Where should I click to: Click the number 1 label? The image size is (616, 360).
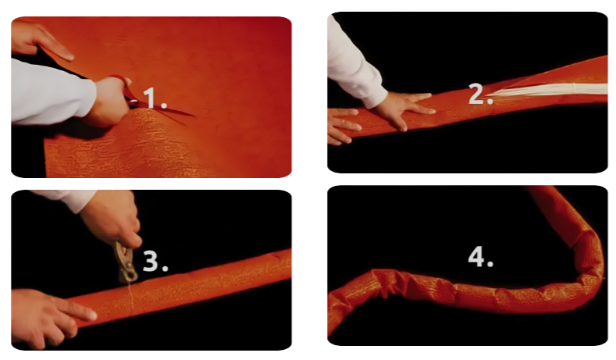(x=155, y=98)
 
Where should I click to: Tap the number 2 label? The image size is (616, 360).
(x=480, y=94)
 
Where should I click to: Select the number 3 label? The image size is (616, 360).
(x=155, y=261)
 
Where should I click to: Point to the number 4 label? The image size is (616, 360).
(x=480, y=258)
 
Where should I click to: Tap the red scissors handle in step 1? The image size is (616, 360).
(x=122, y=84)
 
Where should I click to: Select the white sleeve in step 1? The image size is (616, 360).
(x=53, y=92)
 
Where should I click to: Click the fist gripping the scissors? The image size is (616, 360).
(x=106, y=102)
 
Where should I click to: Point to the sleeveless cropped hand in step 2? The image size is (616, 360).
(x=343, y=126)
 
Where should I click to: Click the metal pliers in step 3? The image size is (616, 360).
(x=126, y=262)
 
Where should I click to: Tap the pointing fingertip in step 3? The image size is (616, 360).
(x=91, y=315)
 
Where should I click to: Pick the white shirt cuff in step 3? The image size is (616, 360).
(x=65, y=200)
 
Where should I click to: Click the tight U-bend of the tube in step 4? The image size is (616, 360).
(x=586, y=275)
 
